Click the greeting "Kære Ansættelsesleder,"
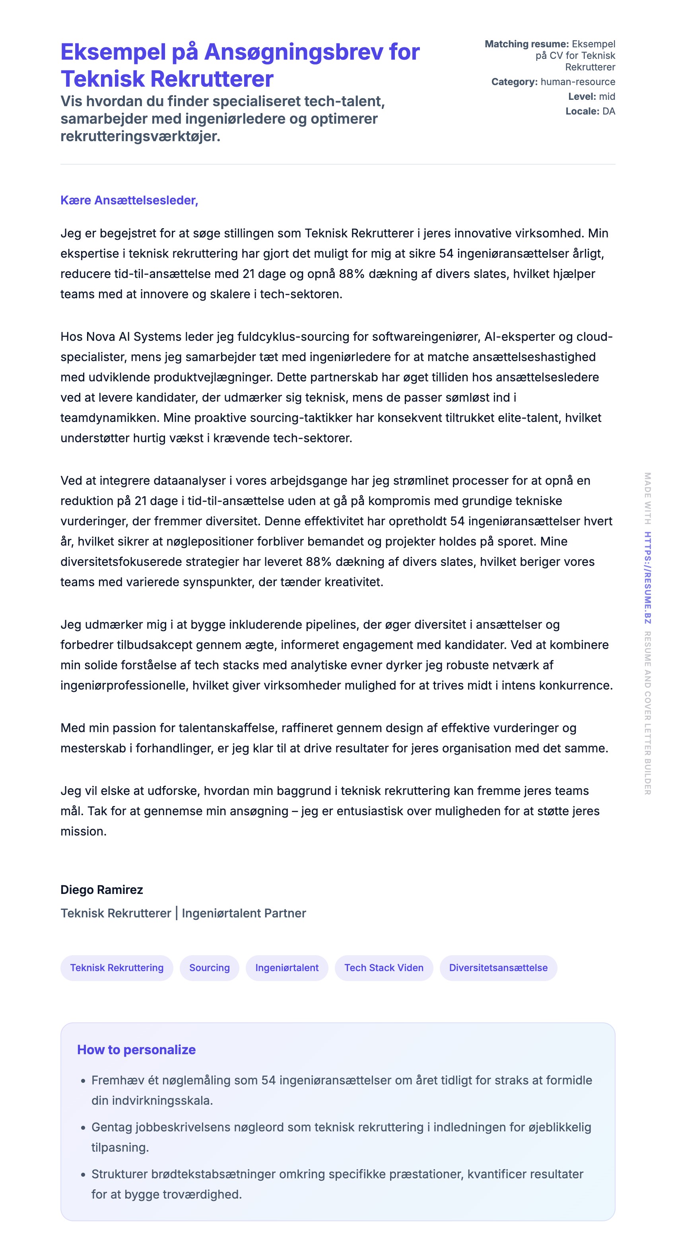pyautogui.click(x=129, y=200)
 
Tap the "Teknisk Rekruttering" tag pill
pyautogui.click(x=117, y=968)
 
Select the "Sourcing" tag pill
pyautogui.click(x=209, y=968)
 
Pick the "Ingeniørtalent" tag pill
pyautogui.click(x=287, y=968)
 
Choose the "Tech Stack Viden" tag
pyautogui.click(x=384, y=968)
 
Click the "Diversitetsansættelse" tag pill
pyautogui.click(x=498, y=968)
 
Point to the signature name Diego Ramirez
pyautogui.click(x=102, y=890)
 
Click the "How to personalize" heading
pyautogui.click(x=136, y=1050)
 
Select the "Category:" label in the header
pyautogui.click(x=514, y=82)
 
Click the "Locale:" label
pyautogui.click(x=582, y=111)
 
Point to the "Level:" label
pyautogui.click(x=582, y=96)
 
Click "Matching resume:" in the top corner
pyautogui.click(x=526, y=44)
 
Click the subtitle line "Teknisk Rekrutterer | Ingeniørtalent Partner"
pyautogui.click(x=183, y=913)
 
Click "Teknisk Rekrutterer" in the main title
pyautogui.click(x=167, y=79)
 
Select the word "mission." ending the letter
pyautogui.click(x=84, y=832)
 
